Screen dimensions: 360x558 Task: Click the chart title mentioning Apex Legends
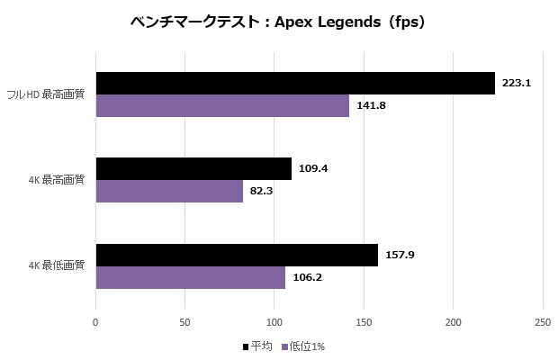point(277,22)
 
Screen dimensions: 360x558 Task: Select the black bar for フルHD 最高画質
point(295,83)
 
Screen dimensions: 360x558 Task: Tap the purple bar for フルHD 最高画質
point(222,105)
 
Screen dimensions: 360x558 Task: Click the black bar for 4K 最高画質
point(193,168)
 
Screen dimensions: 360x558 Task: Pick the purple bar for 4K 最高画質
point(169,191)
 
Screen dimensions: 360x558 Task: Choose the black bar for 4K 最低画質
point(237,255)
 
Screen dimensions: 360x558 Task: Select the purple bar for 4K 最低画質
point(191,277)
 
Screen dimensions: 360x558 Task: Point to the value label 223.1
point(517,83)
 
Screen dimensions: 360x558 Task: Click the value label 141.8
point(371,105)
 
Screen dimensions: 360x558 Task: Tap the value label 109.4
point(313,168)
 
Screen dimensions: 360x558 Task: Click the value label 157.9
point(400,255)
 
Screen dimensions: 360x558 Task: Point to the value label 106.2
point(307,277)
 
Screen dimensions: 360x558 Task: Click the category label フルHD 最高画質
point(46,94)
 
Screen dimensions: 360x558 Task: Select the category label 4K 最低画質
point(56,265)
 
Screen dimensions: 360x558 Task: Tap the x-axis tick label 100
point(274,321)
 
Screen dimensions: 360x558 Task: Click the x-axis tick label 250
point(542,321)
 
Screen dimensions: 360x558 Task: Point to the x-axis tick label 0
point(95,321)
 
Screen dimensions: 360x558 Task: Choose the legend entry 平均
point(256,346)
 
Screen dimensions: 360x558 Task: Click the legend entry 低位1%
point(303,346)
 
